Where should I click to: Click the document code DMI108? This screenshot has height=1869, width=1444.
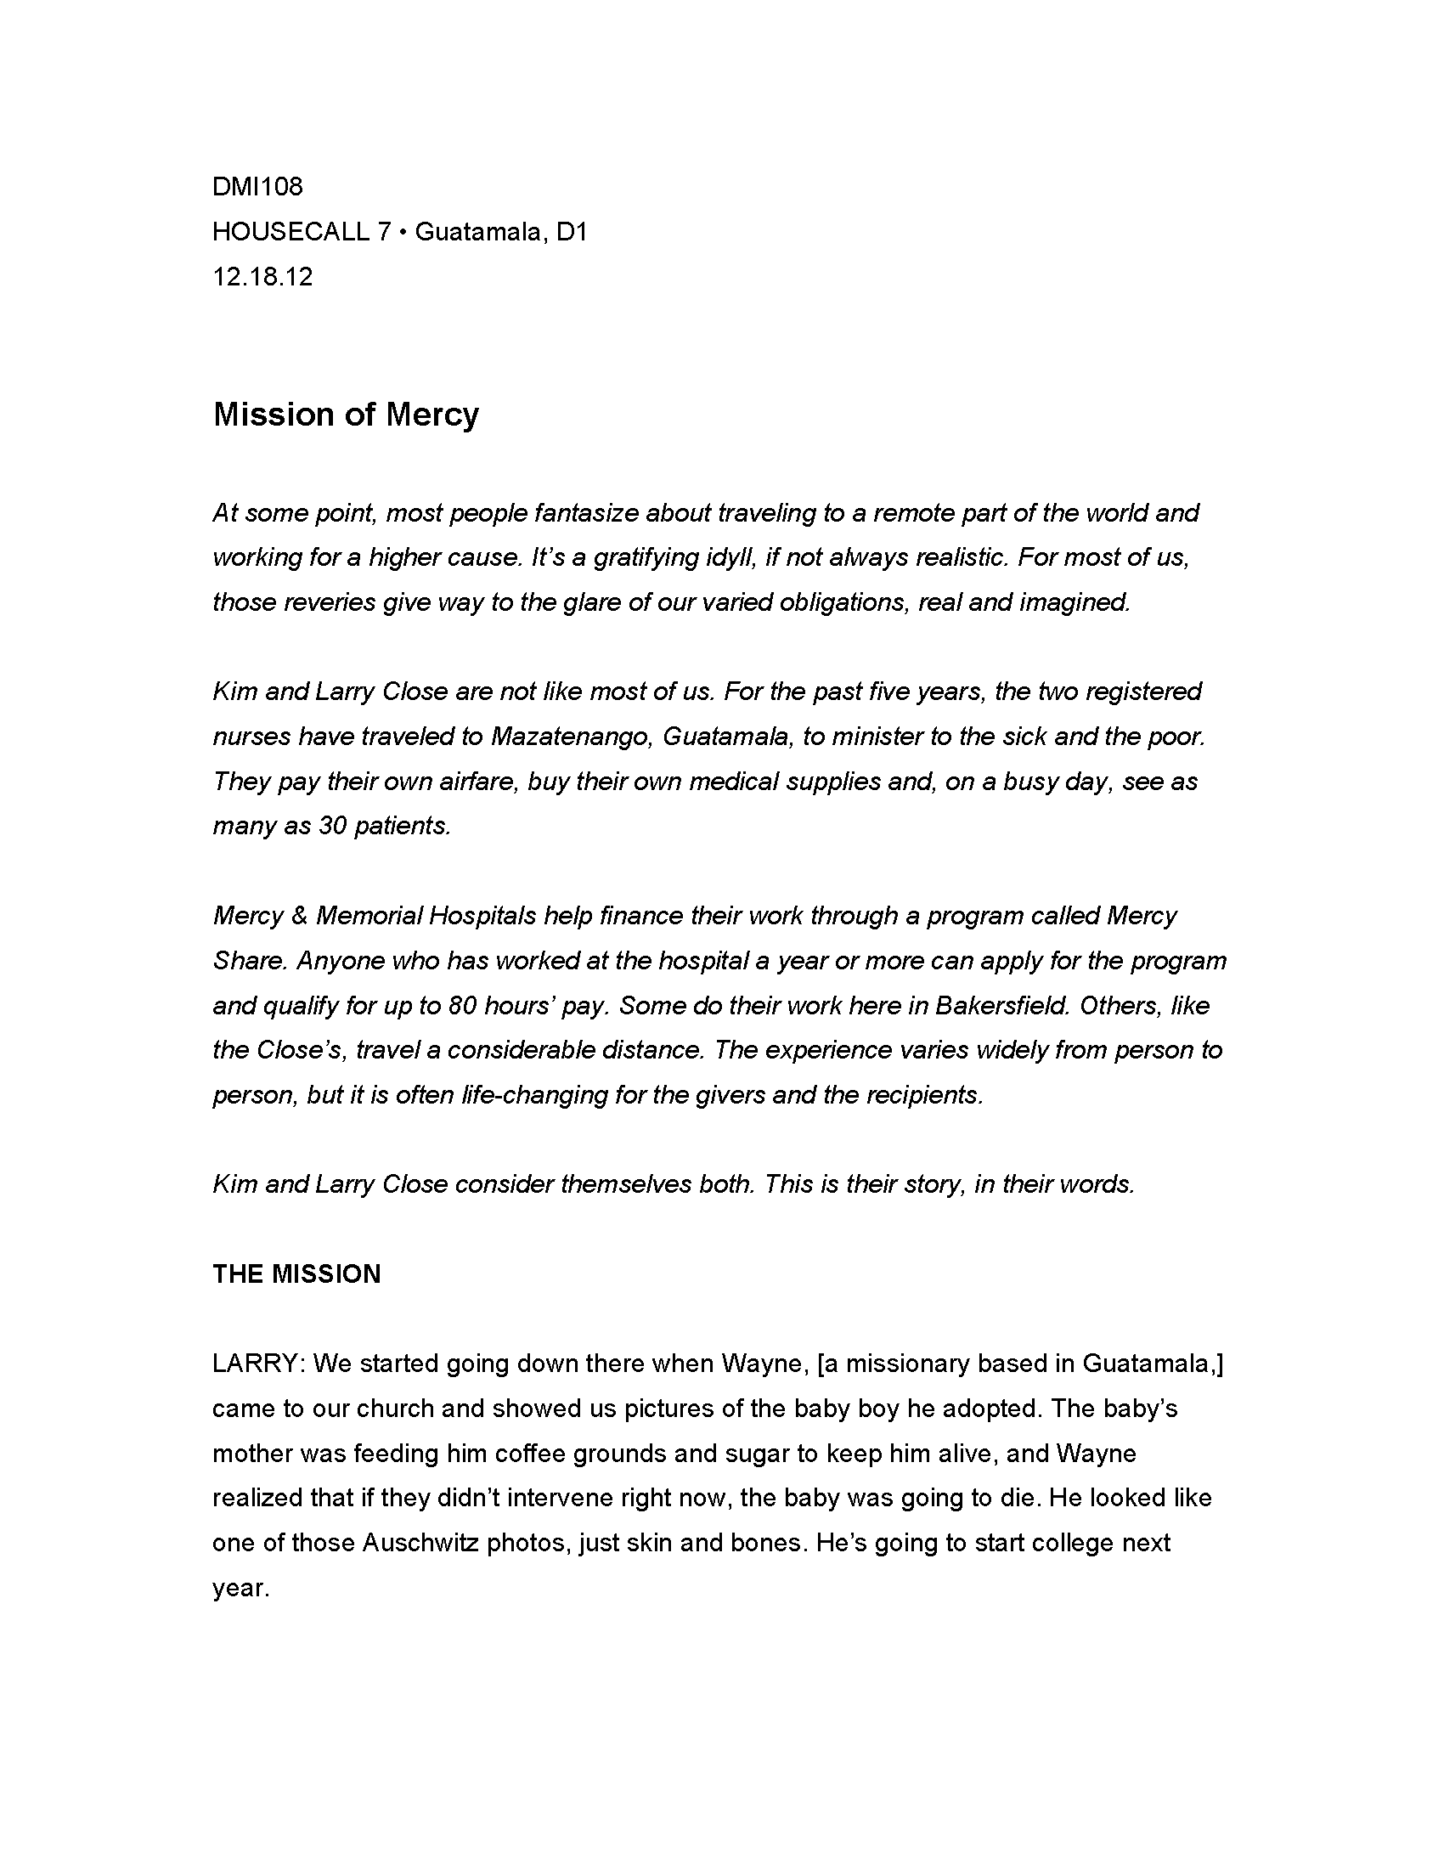point(257,187)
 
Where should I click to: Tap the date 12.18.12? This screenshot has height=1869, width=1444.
point(262,276)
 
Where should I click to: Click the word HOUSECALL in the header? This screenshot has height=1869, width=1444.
point(290,232)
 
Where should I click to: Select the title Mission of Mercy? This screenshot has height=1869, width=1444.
point(346,415)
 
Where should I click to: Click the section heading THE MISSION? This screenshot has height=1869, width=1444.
point(296,1274)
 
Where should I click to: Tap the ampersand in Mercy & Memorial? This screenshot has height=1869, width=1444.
point(298,916)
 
